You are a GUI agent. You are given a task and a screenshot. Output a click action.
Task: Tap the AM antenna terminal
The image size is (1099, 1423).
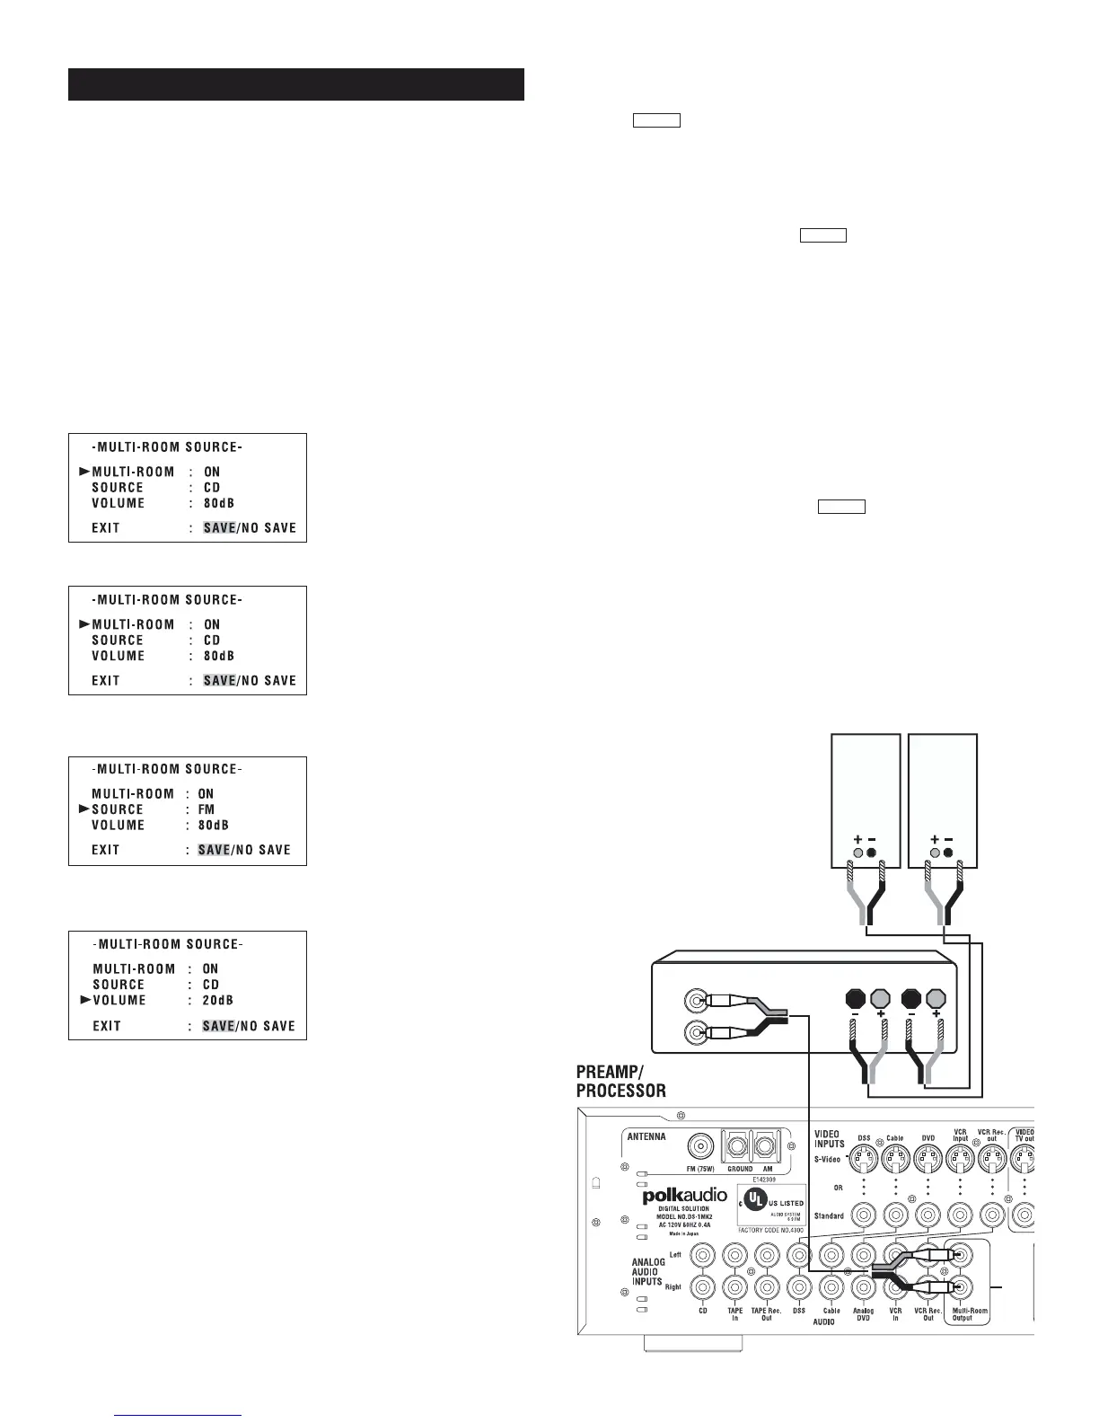pos(765,1146)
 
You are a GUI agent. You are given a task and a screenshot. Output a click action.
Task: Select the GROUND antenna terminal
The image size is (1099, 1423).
pos(739,1146)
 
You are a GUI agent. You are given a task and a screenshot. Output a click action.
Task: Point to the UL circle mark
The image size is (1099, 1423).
pos(754,1198)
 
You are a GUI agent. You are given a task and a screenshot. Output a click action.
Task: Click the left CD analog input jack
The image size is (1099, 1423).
pos(704,1253)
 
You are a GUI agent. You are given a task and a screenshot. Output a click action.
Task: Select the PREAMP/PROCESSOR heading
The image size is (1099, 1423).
pos(621,1082)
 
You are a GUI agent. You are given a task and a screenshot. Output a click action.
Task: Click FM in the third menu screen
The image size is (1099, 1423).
pos(207,809)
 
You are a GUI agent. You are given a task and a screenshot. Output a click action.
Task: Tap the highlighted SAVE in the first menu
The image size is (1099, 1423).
pos(219,528)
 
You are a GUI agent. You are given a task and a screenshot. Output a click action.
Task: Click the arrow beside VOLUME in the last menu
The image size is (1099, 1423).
pos(85,1000)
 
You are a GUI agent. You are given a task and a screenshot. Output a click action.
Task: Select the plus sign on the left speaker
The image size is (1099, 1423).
pos(857,839)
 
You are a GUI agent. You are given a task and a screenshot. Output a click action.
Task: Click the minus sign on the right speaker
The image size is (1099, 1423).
pos(950,839)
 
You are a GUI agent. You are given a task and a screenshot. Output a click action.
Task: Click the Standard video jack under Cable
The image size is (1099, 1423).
pos(895,1215)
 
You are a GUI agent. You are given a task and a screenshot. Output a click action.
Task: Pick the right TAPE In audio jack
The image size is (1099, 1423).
pos(734,1288)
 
